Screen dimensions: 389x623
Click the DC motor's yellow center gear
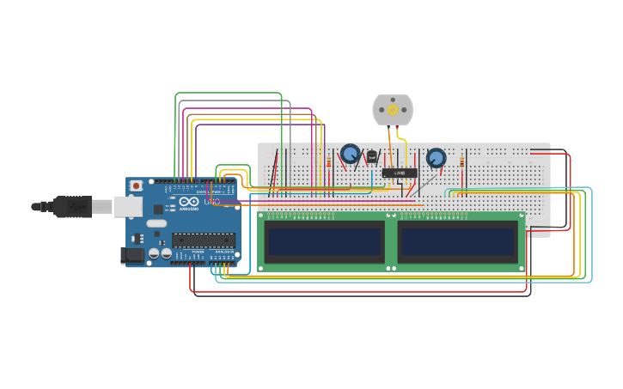[393, 110]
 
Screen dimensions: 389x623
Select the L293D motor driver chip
[400, 173]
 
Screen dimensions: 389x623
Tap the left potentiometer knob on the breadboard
[350, 154]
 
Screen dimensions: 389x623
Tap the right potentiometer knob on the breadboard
[436, 158]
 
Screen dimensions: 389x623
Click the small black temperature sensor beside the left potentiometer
[371, 157]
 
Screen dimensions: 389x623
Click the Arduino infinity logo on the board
[188, 201]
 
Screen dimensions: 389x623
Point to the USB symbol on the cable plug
[74, 206]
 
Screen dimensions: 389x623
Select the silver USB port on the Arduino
[128, 206]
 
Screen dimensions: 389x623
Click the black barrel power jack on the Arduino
[133, 254]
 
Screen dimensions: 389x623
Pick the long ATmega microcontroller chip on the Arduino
[203, 240]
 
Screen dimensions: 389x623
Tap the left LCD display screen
[325, 242]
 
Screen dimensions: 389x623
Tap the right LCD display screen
[458, 242]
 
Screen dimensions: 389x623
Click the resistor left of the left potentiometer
[328, 161]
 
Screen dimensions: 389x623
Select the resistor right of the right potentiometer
[461, 161]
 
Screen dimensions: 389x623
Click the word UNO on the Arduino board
[211, 202]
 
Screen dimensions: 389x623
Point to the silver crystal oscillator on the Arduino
[156, 223]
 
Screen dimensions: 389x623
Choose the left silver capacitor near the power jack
[154, 253]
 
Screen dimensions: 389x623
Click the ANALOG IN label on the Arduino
[221, 252]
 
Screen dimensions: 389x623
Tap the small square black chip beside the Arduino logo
[159, 209]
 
